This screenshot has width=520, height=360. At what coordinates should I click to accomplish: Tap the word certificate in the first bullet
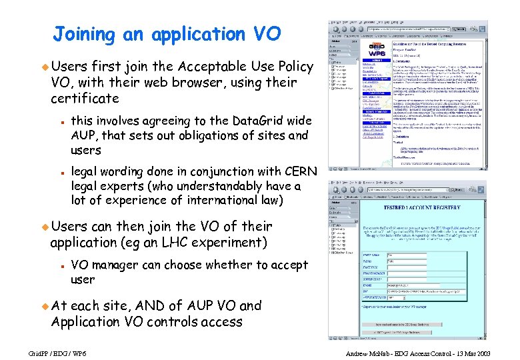tap(85, 99)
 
